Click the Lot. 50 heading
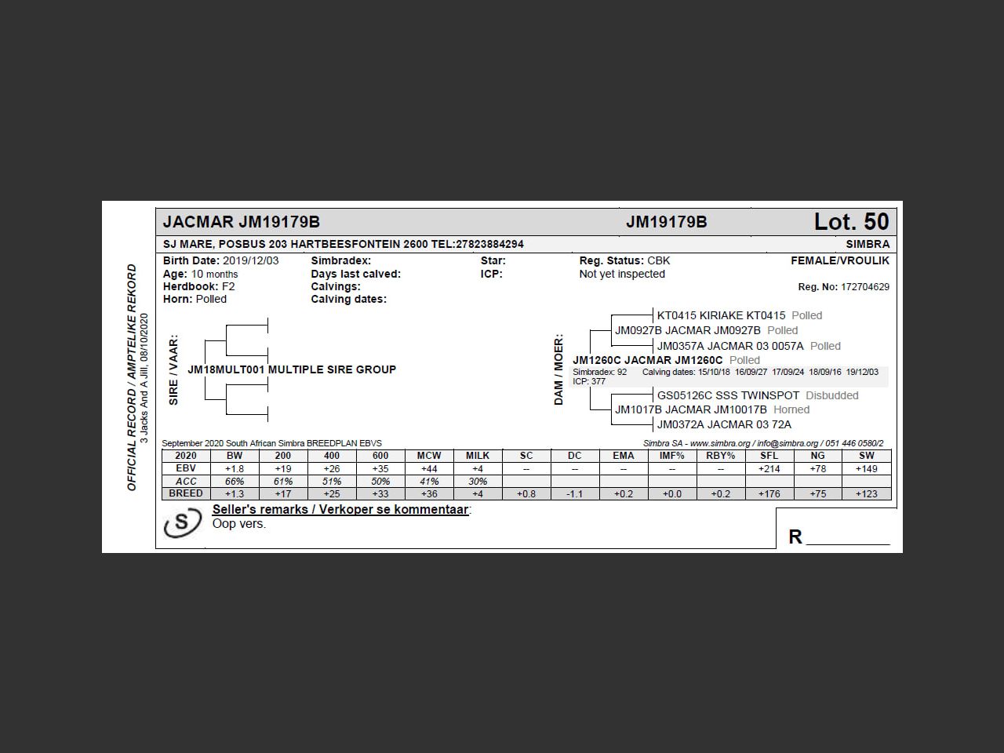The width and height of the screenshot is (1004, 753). [851, 222]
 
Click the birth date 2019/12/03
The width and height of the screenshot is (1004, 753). [250, 260]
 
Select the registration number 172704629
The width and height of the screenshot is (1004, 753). [864, 287]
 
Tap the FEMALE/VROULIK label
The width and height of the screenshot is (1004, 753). [840, 260]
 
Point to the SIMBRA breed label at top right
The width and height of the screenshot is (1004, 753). [868, 244]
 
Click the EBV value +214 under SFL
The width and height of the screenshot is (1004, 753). [769, 468]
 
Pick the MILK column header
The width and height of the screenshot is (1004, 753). [477, 456]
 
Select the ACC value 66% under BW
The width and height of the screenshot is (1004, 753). [235, 481]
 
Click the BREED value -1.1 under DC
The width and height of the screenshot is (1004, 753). [574, 493]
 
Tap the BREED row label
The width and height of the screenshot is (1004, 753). [186, 493]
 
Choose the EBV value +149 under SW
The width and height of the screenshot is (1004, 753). [866, 468]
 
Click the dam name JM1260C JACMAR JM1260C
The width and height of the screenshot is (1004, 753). [648, 360]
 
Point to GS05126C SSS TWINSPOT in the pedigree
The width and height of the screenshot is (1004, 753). [728, 395]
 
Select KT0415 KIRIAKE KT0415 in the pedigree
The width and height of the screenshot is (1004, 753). [721, 315]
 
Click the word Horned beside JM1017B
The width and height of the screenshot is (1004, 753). [791, 409]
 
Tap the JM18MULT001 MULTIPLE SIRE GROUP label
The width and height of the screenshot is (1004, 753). [292, 369]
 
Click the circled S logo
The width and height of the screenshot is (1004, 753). [182, 522]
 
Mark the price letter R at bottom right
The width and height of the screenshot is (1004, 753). [795, 537]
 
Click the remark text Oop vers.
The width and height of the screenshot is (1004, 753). [239, 524]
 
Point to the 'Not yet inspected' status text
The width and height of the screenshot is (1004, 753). [622, 274]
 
